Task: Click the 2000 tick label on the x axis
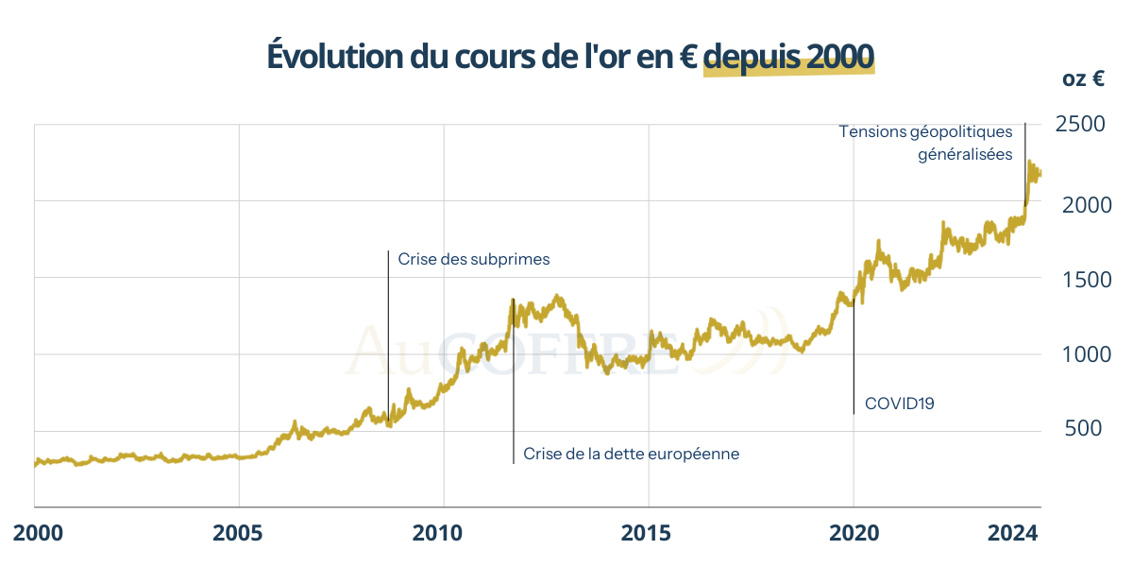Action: [38, 534]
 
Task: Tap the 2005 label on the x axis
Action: [239, 534]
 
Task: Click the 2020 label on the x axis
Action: [854, 534]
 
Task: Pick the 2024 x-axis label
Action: [1012, 534]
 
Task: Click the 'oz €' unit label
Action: [1083, 80]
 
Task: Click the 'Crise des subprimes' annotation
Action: [473, 259]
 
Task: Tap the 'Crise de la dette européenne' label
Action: [631, 455]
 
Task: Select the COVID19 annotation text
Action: [900, 404]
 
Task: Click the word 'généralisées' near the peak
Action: [965, 154]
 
